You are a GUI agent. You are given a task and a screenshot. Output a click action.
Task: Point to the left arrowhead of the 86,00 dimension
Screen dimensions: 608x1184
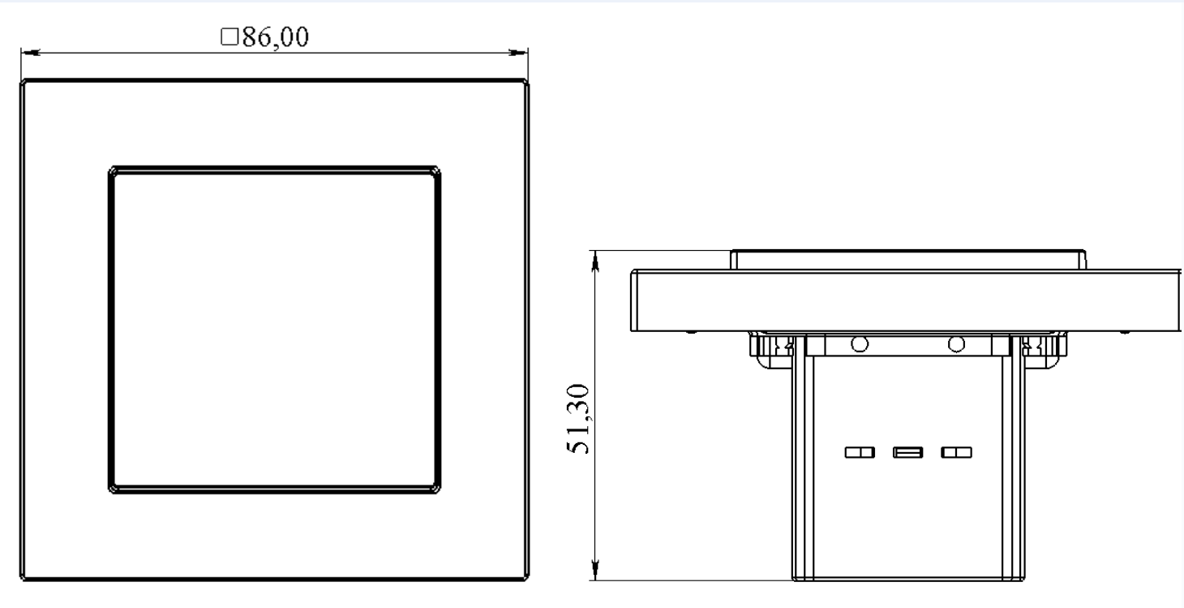[29, 54]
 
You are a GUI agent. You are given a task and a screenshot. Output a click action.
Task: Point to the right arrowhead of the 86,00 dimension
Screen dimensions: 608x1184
[519, 54]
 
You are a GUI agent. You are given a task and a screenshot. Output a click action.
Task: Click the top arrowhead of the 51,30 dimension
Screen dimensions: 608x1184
[596, 259]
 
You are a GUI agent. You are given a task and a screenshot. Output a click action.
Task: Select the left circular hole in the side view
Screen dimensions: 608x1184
[859, 343]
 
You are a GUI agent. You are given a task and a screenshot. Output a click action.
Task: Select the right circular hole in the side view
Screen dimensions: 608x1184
[956, 343]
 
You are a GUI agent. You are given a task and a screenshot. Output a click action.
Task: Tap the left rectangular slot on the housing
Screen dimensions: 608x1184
[858, 452]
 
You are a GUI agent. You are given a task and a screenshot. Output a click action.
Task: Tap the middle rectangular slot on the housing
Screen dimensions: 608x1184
[906, 452]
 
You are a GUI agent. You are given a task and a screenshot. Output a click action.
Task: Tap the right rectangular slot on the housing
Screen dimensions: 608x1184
[954, 452]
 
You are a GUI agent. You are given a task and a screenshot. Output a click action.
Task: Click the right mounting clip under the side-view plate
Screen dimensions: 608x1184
[1041, 348]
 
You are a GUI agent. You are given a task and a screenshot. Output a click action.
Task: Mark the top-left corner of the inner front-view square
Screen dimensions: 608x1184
[111, 170]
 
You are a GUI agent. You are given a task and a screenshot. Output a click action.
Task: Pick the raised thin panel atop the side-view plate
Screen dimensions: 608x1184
[907, 260]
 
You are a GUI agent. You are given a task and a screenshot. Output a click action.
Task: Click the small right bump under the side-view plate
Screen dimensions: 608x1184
[1125, 332]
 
